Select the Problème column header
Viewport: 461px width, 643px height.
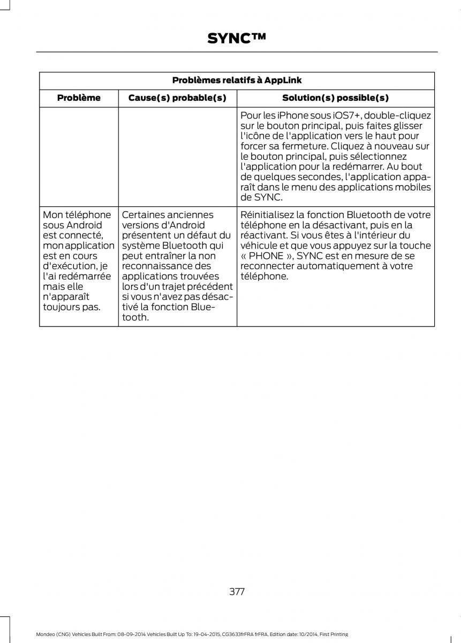79,98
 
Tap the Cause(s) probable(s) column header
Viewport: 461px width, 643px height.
177,98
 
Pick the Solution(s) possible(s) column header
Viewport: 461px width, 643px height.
335,98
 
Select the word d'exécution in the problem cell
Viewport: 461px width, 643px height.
66,266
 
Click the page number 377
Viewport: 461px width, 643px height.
236,592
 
